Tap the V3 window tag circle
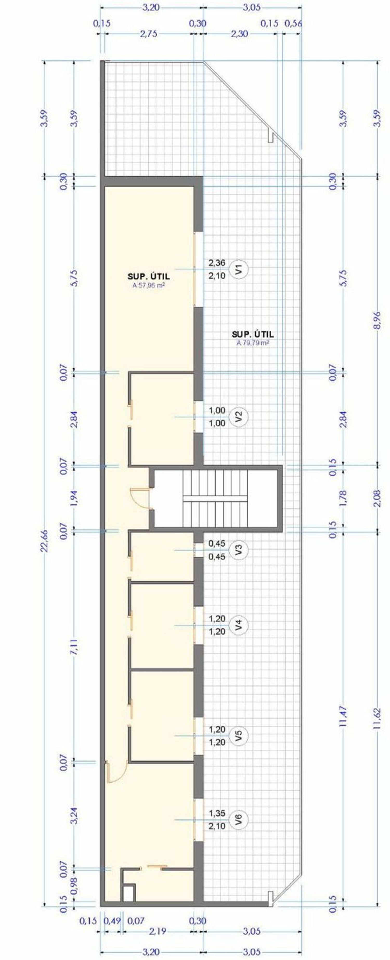coord(240,550)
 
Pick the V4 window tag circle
coord(240,625)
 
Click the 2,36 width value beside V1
coord(217,263)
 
